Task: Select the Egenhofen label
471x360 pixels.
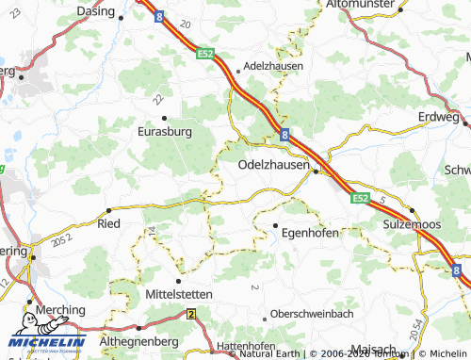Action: point(310,232)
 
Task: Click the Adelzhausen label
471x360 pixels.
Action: point(270,68)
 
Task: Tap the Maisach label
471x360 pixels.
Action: point(371,349)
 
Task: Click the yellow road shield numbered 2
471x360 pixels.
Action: point(191,314)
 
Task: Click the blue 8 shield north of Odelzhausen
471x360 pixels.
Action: point(284,135)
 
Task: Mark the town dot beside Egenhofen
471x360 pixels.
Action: point(275,226)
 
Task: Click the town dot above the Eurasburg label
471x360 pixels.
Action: point(165,118)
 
